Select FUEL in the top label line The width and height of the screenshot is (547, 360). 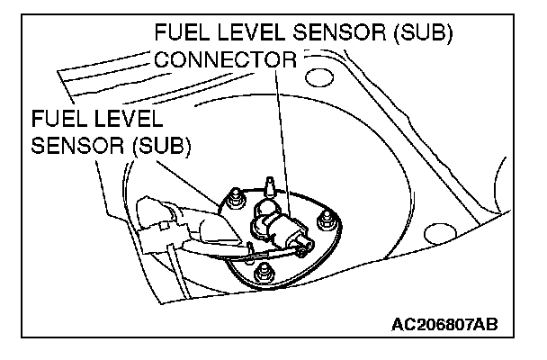point(182,34)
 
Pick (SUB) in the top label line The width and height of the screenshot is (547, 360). point(421,34)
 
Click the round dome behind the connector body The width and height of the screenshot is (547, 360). point(265,210)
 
